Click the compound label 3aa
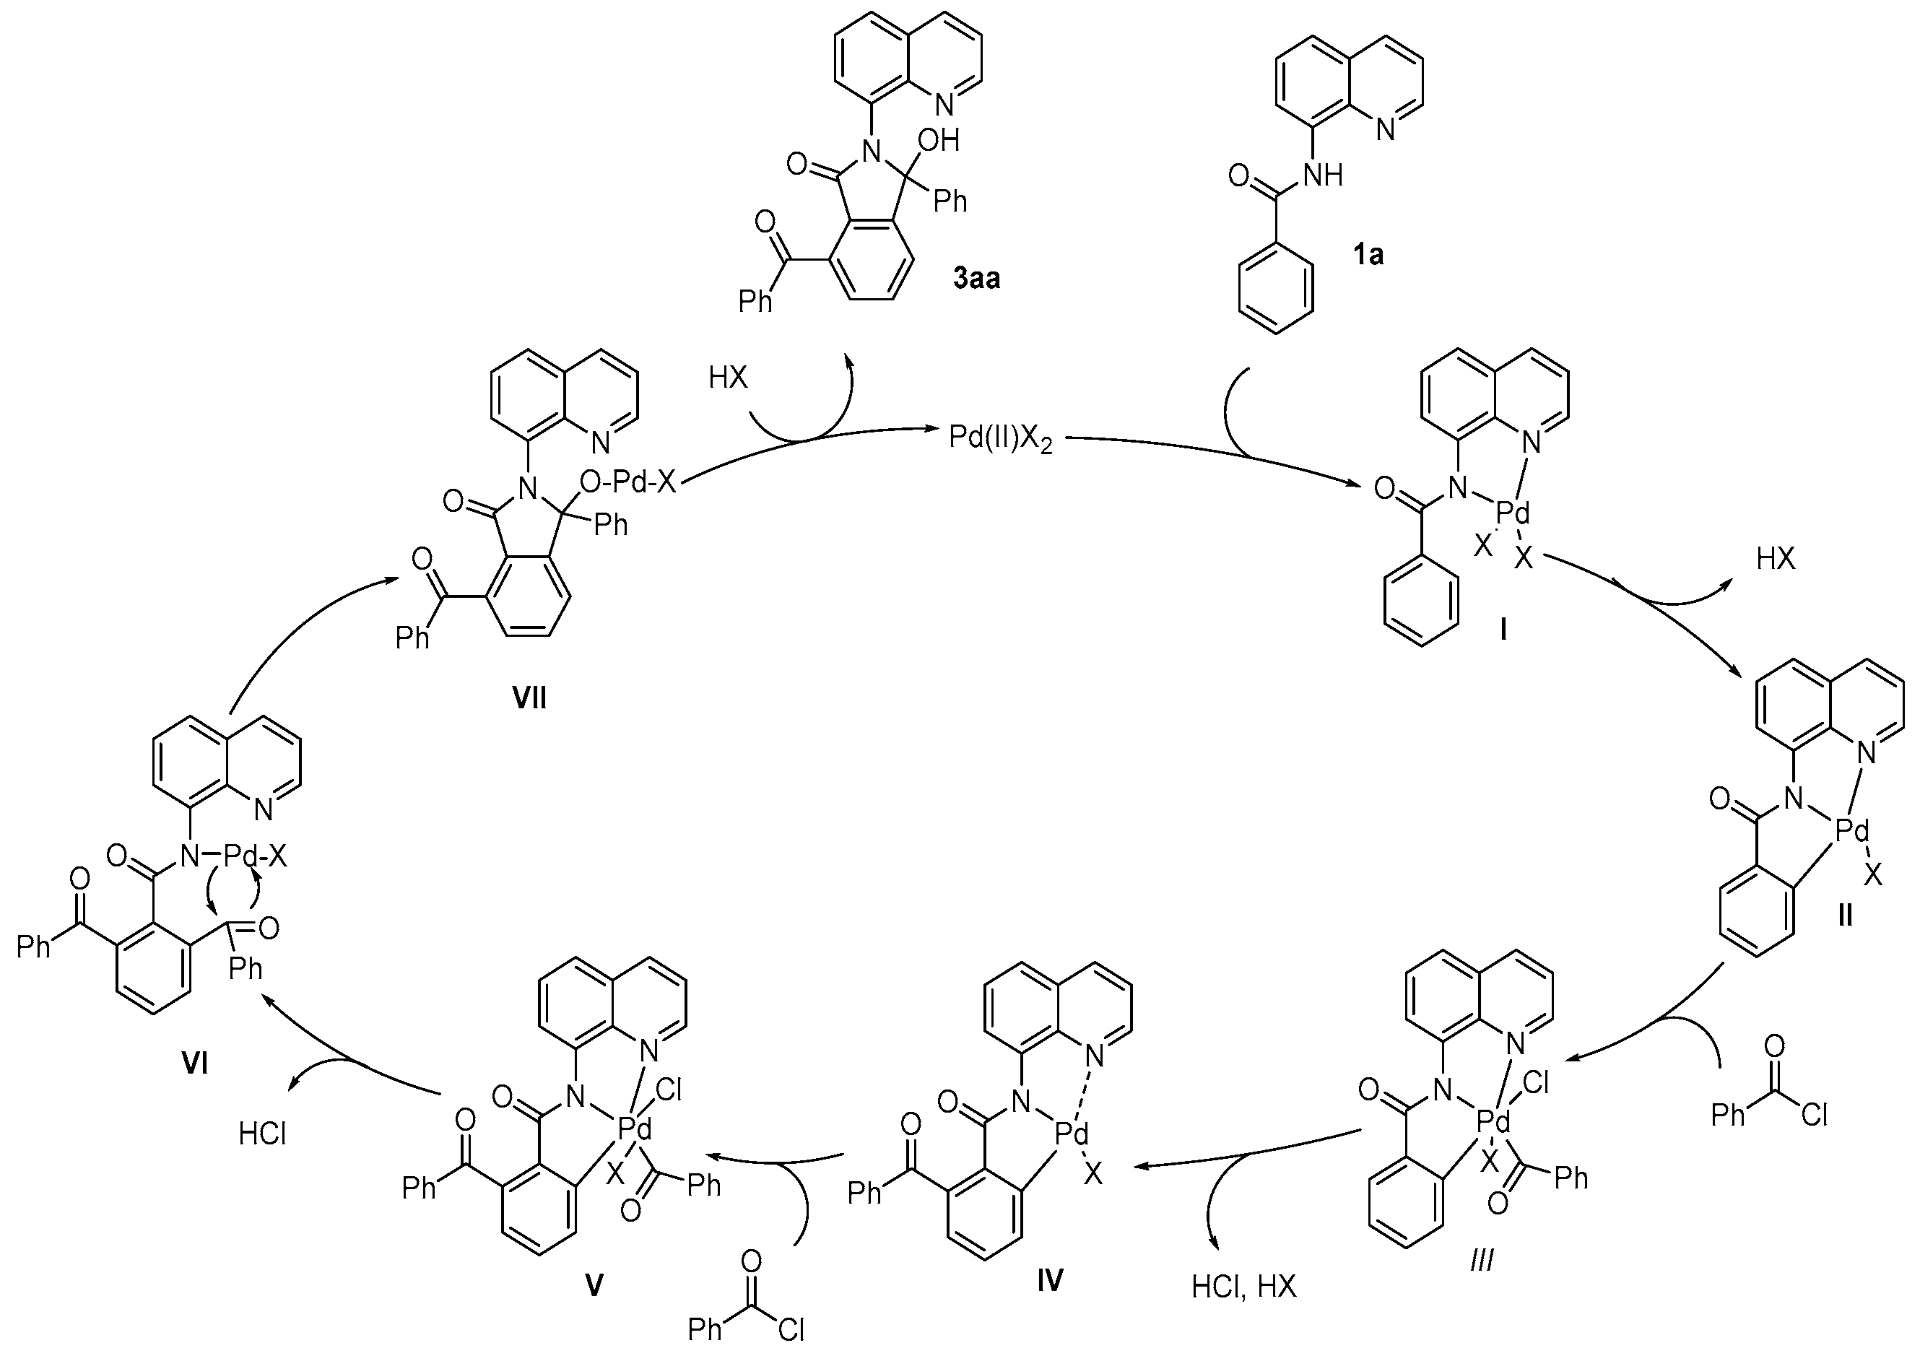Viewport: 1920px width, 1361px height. (976, 278)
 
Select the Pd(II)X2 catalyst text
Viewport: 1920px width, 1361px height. (1000, 438)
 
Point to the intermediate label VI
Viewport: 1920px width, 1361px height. (194, 1064)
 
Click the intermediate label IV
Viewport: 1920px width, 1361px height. (1049, 1279)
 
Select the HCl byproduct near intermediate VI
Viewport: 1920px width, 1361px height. (262, 1134)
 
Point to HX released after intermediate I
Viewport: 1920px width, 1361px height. (1776, 559)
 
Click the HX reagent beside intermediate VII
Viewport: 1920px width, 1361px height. (726, 378)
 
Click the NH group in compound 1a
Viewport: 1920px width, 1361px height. (1321, 175)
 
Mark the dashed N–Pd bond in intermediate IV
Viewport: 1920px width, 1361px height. (1086, 1091)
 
